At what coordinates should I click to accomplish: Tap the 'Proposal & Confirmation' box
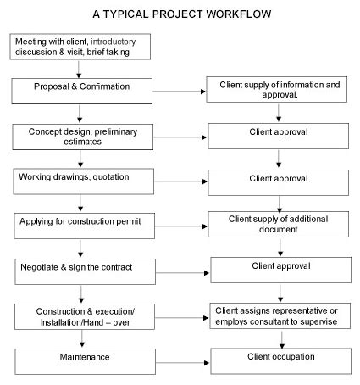pos(80,88)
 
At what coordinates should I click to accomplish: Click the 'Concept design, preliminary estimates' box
pos(80,136)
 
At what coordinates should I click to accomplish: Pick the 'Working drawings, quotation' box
pos(80,181)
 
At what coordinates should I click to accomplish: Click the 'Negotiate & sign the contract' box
pos(80,271)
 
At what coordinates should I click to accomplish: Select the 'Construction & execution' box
pos(80,316)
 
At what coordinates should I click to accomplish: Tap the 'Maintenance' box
pos(80,360)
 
